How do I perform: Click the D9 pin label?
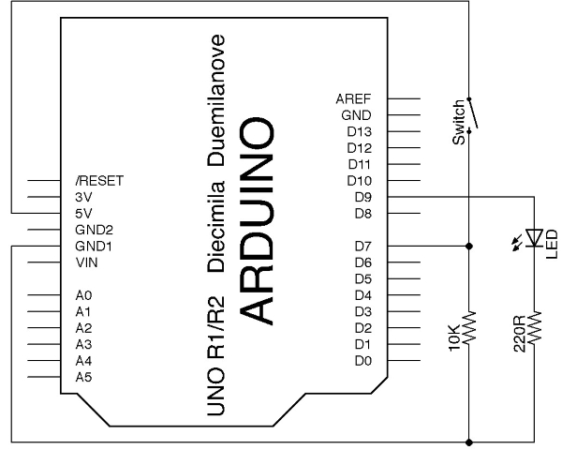click(x=363, y=197)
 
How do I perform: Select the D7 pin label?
click(x=363, y=247)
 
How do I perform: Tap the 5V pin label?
click(x=83, y=214)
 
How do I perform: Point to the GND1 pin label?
click(x=94, y=247)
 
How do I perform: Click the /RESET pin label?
click(x=99, y=181)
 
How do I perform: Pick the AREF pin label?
click(x=353, y=98)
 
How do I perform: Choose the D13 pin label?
click(x=359, y=131)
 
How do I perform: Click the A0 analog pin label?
click(x=83, y=295)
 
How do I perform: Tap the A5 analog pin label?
click(x=83, y=377)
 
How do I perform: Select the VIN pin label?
click(x=86, y=262)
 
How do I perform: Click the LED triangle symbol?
click(x=534, y=238)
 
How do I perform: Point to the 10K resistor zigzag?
click(x=469, y=326)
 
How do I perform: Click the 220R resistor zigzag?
click(x=535, y=326)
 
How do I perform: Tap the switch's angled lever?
click(x=473, y=112)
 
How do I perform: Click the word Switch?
click(x=458, y=123)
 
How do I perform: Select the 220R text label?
click(x=519, y=334)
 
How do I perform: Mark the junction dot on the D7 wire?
click(x=469, y=247)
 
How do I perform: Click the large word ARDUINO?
click(x=256, y=221)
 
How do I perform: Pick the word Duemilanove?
click(x=216, y=100)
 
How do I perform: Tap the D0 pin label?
click(x=363, y=361)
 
